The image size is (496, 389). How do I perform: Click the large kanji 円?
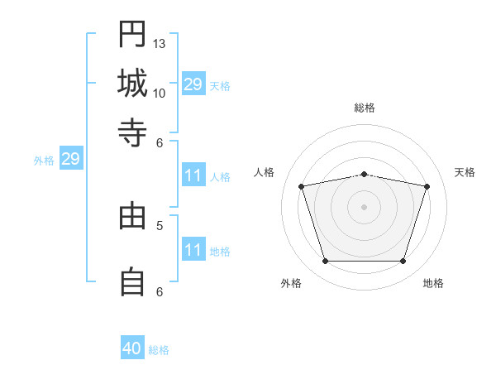[x=132, y=34]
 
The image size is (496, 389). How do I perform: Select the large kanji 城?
[x=132, y=83]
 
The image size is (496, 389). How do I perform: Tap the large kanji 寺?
[x=132, y=132]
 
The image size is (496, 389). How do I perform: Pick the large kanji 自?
[x=132, y=281]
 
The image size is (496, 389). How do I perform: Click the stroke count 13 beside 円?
[x=159, y=44]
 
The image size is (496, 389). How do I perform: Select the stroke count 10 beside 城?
[x=159, y=94]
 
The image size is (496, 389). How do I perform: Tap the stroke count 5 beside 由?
[x=160, y=226]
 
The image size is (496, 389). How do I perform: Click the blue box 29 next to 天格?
[x=193, y=84]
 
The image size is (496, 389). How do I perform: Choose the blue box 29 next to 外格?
[x=71, y=158]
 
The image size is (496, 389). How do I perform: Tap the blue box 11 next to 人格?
[x=193, y=175]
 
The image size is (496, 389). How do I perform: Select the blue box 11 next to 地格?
[x=193, y=248]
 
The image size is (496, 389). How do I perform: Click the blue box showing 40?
[x=132, y=347]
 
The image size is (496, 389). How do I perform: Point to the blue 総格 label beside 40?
[x=159, y=350]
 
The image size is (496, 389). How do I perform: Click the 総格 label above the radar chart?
[x=365, y=108]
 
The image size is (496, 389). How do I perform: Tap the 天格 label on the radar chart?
[x=465, y=172]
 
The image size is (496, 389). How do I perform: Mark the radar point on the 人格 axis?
[x=301, y=186]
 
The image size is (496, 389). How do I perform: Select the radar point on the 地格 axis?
[x=403, y=262]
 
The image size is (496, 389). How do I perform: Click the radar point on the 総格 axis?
[x=364, y=175]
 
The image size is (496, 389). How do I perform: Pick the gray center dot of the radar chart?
[x=364, y=207]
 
